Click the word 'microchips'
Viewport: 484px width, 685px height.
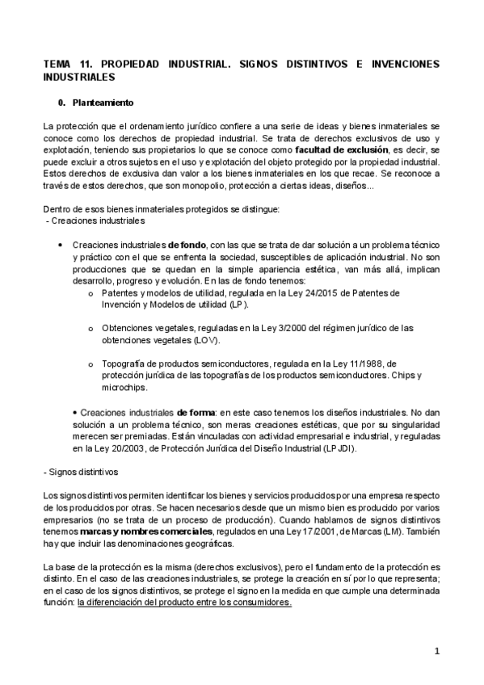[122, 388]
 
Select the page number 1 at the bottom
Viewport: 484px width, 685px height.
[436, 651]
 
